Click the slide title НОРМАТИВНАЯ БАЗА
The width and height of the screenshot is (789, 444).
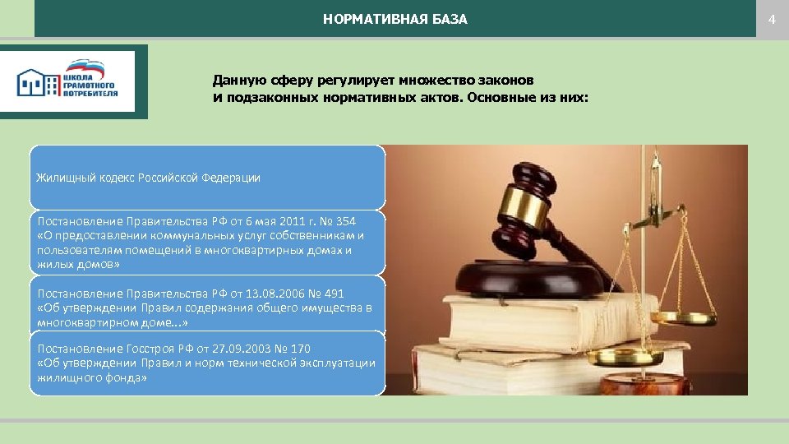394,19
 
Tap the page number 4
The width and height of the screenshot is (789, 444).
772,19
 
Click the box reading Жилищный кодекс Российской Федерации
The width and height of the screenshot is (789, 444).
207,178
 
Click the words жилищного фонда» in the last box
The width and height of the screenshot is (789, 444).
92,378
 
